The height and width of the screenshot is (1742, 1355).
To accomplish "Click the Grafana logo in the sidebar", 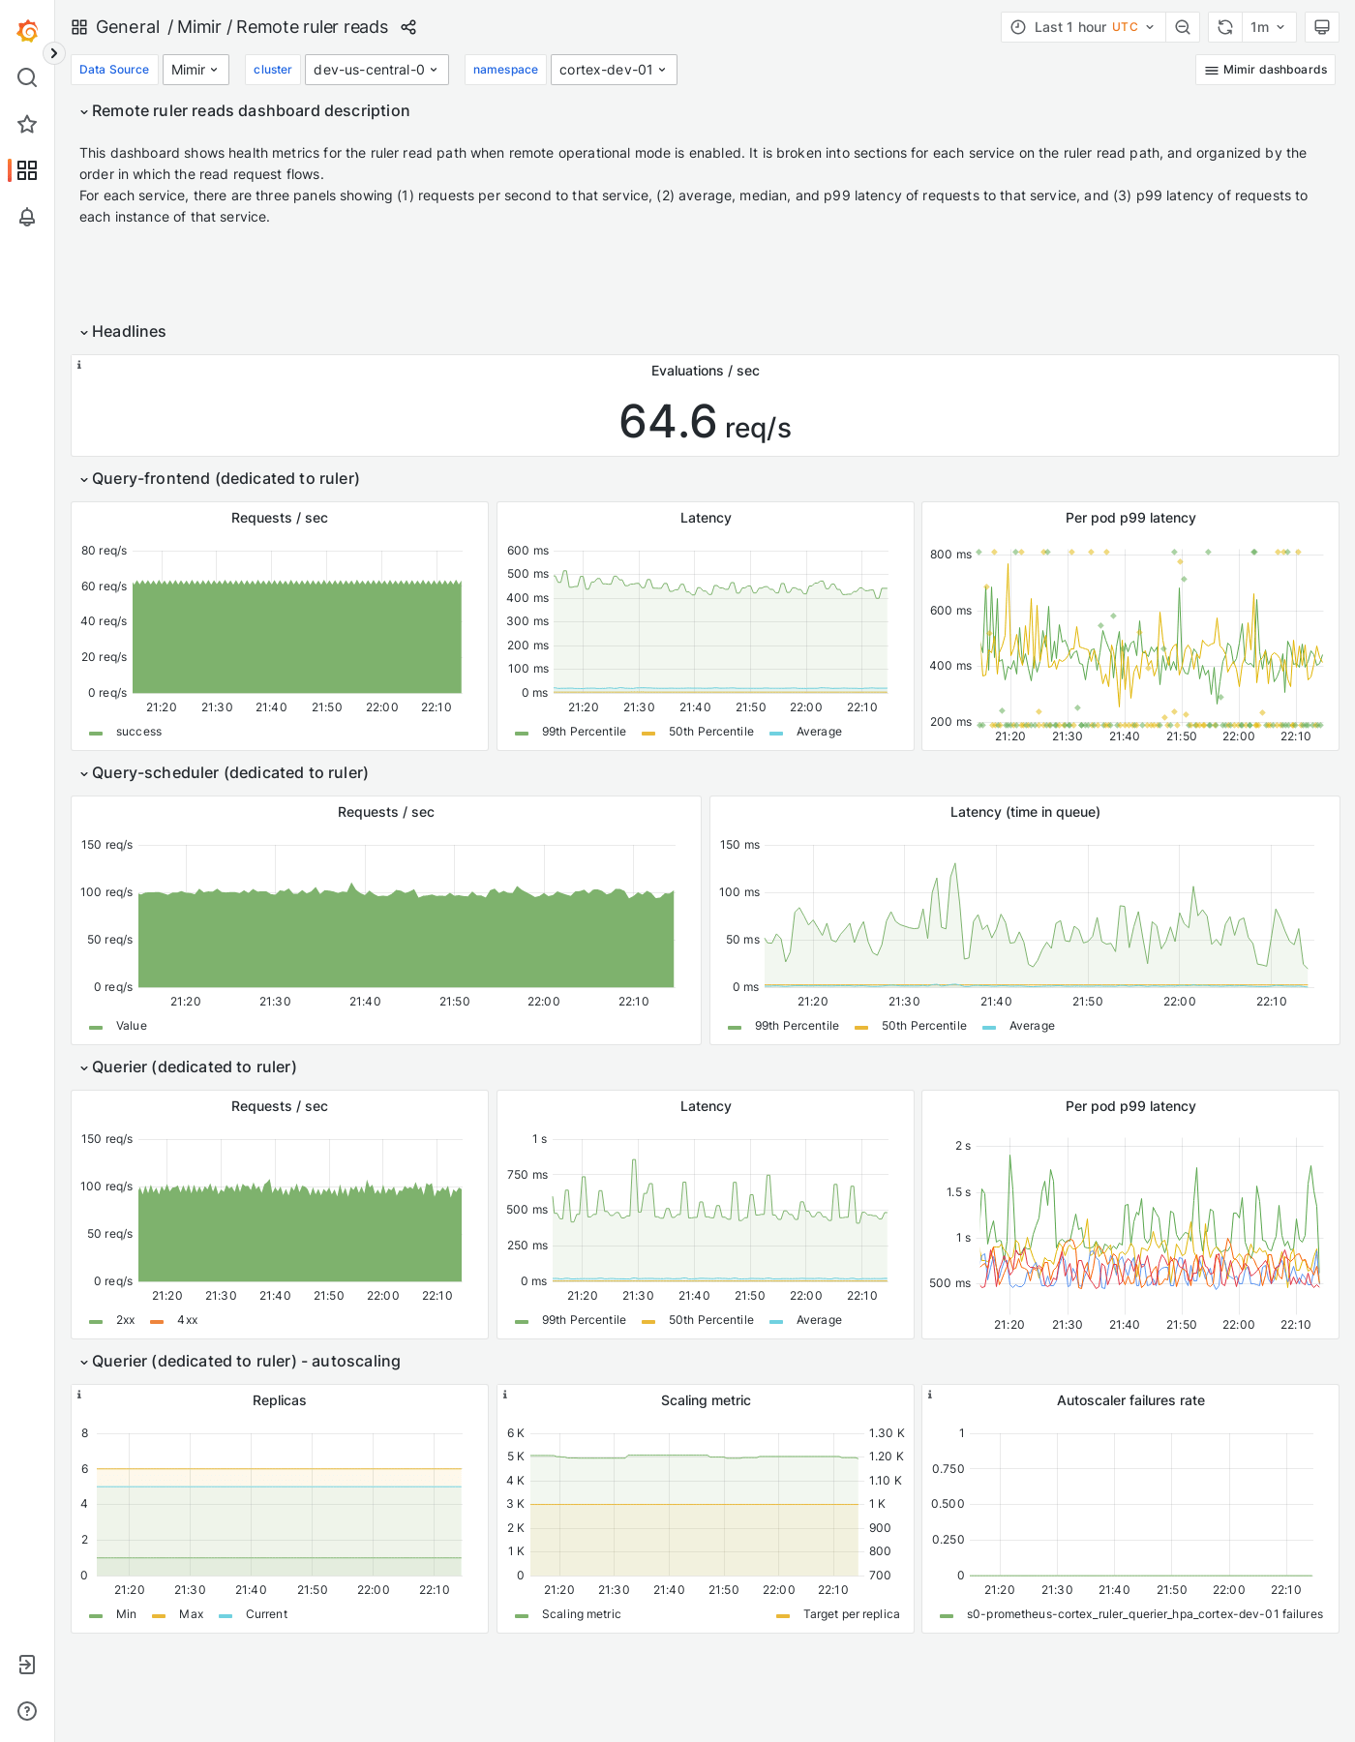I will click(27, 31).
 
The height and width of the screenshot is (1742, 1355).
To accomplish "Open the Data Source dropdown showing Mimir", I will click(196, 70).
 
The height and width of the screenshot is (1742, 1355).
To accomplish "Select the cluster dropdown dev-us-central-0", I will click(376, 70).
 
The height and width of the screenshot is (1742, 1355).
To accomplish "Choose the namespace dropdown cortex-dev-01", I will click(613, 70).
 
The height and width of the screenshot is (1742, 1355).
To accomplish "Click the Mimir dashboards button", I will click(1265, 70).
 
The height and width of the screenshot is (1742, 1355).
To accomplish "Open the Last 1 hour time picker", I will click(1083, 27).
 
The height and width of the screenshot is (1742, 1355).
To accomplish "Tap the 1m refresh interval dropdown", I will click(1267, 27).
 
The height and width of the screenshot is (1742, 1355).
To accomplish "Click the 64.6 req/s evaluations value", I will click(705, 422).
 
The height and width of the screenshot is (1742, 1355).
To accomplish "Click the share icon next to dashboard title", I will click(408, 27).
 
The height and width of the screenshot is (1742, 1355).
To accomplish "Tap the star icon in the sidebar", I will click(27, 124).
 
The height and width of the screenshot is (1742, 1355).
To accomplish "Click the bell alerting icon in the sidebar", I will click(27, 217).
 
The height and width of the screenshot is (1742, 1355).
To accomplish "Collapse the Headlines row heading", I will click(128, 332).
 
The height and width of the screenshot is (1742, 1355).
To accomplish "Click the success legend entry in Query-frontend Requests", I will click(138, 732).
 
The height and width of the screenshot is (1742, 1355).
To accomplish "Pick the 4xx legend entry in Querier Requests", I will click(187, 1320).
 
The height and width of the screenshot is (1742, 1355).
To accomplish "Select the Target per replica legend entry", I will click(851, 1614).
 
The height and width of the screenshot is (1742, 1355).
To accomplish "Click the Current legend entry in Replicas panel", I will click(266, 1614).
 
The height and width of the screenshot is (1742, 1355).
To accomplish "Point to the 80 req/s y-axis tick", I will click(104, 551).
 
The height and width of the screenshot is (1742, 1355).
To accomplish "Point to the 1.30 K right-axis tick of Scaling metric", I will click(886, 1433).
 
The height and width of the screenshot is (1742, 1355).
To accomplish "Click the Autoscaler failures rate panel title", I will click(1129, 1400).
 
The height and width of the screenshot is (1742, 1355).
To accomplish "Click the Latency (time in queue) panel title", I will click(1024, 812).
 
